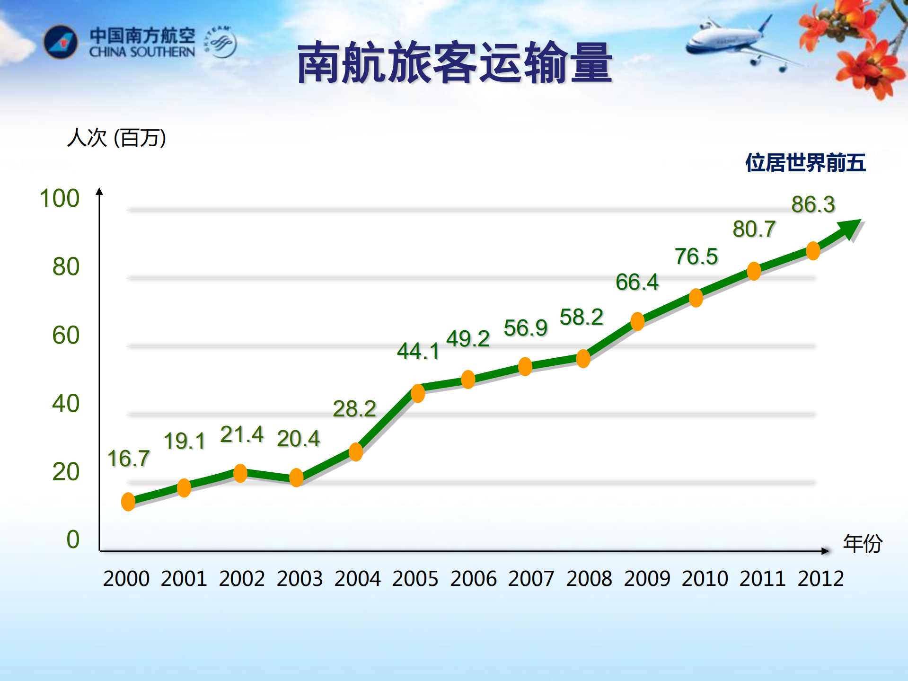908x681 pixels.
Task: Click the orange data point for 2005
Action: (x=418, y=393)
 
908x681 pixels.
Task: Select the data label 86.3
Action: (x=813, y=204)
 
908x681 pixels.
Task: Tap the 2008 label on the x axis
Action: (x=589, y=578)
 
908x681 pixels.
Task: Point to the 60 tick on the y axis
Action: (x=66, y=335)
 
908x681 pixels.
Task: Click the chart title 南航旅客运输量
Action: (x=454, y=63)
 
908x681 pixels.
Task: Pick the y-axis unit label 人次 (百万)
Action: (x=116, y=138)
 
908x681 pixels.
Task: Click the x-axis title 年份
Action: (x=862, y=543)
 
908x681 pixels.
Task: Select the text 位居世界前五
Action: (x=805, y=163)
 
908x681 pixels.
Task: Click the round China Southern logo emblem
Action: (x=61, y=42)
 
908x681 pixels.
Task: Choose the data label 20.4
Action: (x=298, y=439)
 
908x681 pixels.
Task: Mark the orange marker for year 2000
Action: (x=128, y=502)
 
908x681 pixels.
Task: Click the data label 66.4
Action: (x=637, y=282)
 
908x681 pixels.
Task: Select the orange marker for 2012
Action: (x=813, y=251)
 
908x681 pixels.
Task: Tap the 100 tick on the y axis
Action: (x=59, y=198)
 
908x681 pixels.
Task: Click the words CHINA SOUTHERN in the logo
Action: (x=142, y=52)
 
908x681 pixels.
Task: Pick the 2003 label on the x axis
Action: (x=300, y=578)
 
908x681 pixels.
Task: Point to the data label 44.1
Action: (x=418, y=351)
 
